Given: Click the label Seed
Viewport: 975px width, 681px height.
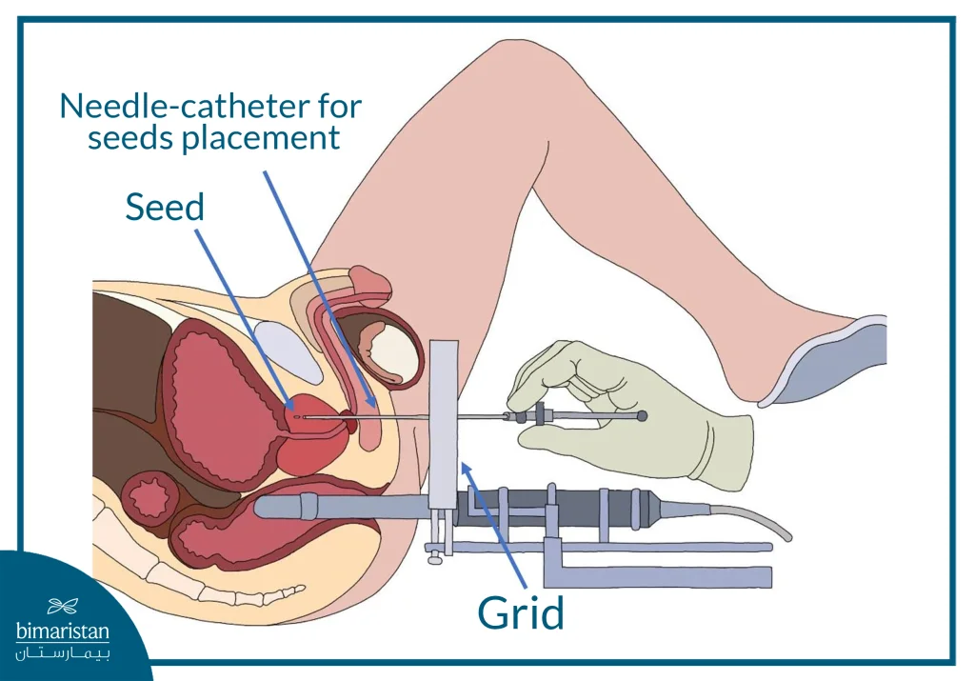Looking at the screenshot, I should [x=165, y=207].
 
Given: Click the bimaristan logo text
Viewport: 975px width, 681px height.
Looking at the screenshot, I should [x=63, y=631].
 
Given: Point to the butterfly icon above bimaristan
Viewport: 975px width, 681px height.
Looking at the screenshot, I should [x=63, y=606].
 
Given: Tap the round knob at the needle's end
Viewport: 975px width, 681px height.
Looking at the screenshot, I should [x=642, y=415].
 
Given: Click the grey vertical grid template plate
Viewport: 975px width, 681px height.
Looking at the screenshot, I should [x=444, y=419].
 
